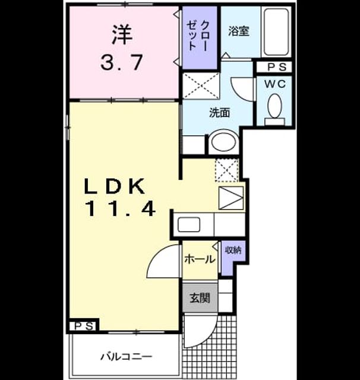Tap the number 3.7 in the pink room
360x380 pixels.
coord(121,62)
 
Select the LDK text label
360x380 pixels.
coord(115,186)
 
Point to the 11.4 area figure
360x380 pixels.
coord(121,209)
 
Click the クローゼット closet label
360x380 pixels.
coord(198,36)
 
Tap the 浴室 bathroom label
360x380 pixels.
coord(239,31)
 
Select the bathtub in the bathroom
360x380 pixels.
coord(276,31)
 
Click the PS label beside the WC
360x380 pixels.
coord(277,67)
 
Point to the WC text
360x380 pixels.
coord(275,84)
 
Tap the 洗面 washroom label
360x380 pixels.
coord(219,113)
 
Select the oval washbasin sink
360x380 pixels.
coord(223,141)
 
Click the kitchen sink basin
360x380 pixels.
coord(189,224)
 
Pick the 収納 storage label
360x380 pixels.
coord(233,250)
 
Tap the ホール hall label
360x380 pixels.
coord(200,259)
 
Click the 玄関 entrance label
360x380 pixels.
coord(200,298)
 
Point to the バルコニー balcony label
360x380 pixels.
coord(127,356)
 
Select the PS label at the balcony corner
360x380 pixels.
coord(84,326)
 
